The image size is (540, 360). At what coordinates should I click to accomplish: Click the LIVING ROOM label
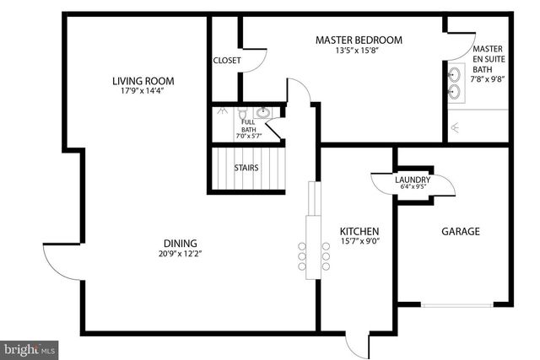143,82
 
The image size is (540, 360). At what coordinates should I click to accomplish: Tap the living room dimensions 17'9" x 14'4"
143,93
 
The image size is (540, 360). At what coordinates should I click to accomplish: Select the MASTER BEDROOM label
359,40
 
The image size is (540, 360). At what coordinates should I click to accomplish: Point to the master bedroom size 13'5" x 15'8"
359,51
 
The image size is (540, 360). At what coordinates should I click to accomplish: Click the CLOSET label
227,61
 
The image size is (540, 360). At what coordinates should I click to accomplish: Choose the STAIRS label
246,167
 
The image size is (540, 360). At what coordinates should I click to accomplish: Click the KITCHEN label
359,232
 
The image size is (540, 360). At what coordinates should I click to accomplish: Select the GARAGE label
461,232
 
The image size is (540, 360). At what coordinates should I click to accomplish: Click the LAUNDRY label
413,180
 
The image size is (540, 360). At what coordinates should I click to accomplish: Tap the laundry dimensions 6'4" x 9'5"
413,188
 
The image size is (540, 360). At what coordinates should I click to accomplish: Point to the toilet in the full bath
242,113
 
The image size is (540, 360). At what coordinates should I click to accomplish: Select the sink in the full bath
262,112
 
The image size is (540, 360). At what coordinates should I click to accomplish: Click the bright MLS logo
29,347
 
